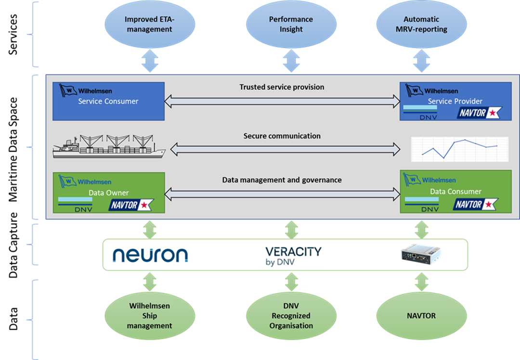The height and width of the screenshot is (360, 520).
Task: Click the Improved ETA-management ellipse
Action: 148,25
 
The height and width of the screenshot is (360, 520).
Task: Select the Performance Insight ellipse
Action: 291,25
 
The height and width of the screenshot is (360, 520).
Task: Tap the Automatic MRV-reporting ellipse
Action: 421,25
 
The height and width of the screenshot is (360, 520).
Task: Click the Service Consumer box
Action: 108,101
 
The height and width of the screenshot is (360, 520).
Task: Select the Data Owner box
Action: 108,193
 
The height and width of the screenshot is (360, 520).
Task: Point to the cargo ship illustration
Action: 108,145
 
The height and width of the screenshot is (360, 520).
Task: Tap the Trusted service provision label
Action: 282,87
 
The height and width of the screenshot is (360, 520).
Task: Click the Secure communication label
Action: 282,136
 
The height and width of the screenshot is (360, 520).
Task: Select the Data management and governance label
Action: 282,180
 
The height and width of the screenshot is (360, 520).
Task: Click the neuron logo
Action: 150,255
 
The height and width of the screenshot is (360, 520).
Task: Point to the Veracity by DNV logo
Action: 293,256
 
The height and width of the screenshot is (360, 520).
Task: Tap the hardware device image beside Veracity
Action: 421,255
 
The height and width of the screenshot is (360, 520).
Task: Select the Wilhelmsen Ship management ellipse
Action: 149,316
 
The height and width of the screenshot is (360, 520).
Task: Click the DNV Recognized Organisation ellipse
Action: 291,316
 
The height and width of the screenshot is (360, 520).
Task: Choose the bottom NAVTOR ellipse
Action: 421,316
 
